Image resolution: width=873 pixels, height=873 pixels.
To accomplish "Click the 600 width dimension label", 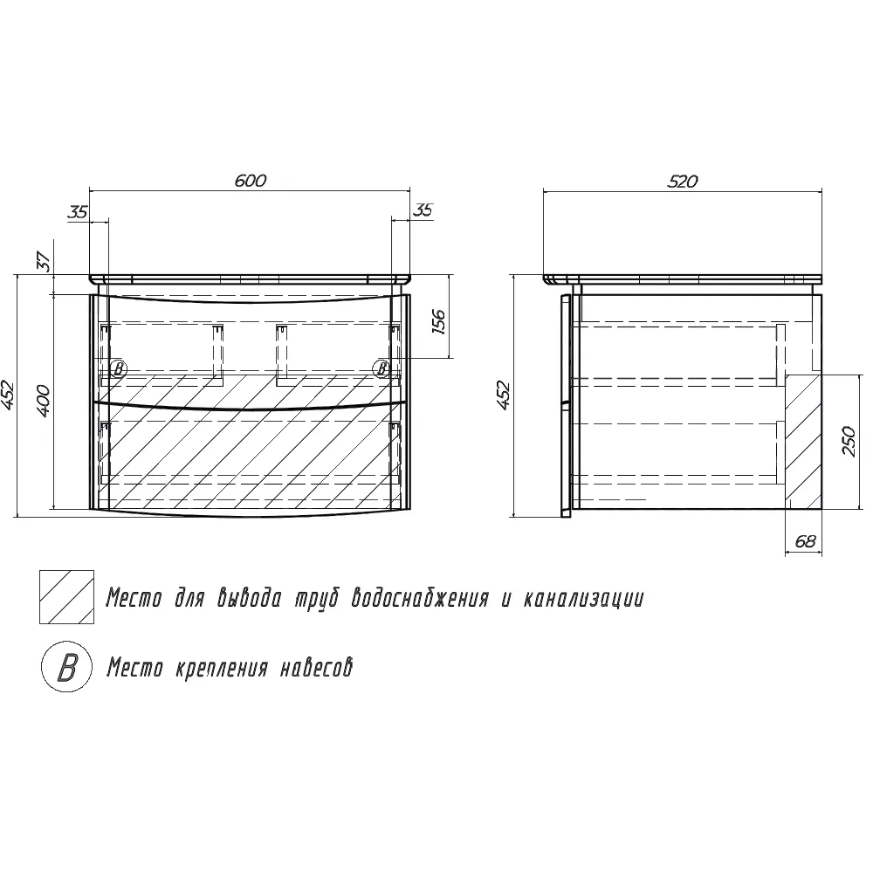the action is (x=250, y=181).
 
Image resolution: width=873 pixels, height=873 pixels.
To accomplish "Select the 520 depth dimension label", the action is (x=683, y=181).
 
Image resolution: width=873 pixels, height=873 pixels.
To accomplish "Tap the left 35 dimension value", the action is (x=78, y=212).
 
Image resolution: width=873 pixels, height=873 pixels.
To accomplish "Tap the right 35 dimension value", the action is (x=423, y=210).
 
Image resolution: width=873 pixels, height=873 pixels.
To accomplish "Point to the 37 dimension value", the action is (x=45, y=261).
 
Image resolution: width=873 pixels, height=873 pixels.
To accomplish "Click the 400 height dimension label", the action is (x=44, y=400).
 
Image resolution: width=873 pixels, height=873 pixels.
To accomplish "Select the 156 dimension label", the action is (x=439, y=322).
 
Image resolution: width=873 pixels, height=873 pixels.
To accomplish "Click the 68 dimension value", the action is (x=805, y=540).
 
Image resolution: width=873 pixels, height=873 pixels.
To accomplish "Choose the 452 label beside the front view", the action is (x=7, y=395).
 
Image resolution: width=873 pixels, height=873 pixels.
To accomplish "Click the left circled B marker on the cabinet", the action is (x=118, y=368).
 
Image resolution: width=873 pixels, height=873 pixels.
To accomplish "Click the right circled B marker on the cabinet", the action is (x=382, y=368).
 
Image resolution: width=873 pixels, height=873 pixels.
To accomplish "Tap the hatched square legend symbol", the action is (x=67, y=597).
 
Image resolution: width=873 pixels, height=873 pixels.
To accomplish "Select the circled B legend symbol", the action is (x=67, y=667).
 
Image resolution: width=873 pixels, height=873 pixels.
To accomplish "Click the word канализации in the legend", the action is (x=583, y=599).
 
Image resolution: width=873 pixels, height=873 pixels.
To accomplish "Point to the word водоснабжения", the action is (x=421, y=599).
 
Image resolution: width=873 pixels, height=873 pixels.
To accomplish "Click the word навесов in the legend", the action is (x=316, y=668).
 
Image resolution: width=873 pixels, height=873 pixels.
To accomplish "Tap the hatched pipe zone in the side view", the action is (x=803, y=441).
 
